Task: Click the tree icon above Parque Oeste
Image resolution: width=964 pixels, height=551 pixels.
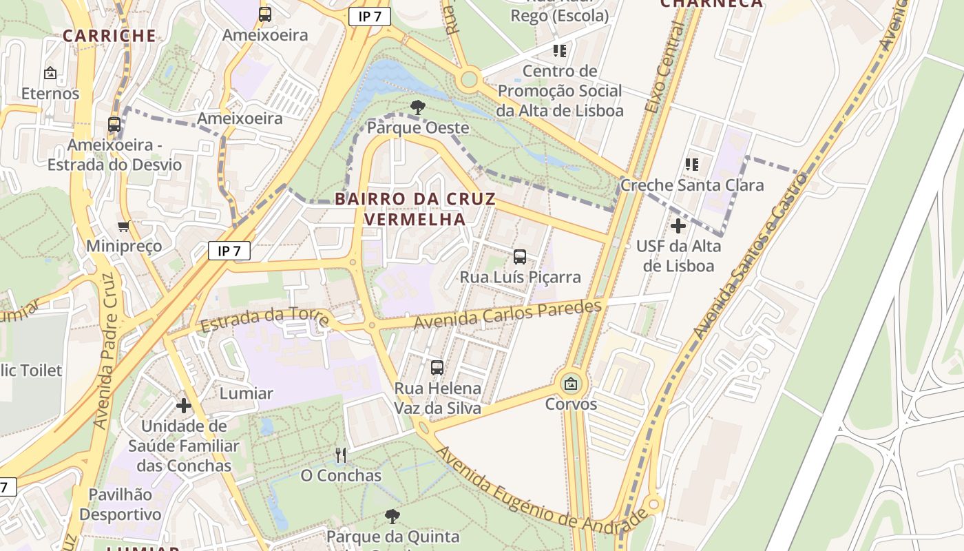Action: (x=417, y=107)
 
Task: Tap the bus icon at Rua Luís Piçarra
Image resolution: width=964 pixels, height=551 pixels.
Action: (x=520, y=257)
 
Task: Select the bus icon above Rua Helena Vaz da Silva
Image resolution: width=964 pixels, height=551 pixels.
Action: (x=437, y=368)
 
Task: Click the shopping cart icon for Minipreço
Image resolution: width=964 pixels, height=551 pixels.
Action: (x=124, y=226)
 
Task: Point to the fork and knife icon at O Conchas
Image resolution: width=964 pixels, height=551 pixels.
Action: (x=340, y=455)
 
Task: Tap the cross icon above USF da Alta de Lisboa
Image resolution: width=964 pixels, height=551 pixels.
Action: (x=678, y=225)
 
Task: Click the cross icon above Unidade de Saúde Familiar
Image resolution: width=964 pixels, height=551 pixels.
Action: (x=183, y=406)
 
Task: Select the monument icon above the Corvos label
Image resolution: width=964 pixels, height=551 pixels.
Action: (x=571, y=384)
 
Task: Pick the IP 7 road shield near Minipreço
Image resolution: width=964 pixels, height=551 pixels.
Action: (x=229, y=251)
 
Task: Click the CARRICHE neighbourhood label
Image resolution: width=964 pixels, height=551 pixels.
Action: (x=109, y=36)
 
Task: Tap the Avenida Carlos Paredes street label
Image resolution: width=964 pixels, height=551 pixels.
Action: (x=508, y=314)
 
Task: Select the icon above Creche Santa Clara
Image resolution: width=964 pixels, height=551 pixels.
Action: (x=692, y=165)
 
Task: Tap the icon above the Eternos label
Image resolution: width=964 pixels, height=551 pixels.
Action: (x=50, y=72)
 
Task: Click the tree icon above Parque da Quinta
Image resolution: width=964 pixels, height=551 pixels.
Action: (x=392, y=516)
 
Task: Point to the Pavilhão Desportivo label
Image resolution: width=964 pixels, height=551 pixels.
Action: (x=120, y=504)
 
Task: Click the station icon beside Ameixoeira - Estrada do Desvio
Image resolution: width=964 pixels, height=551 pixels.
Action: (x=114, y=125)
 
